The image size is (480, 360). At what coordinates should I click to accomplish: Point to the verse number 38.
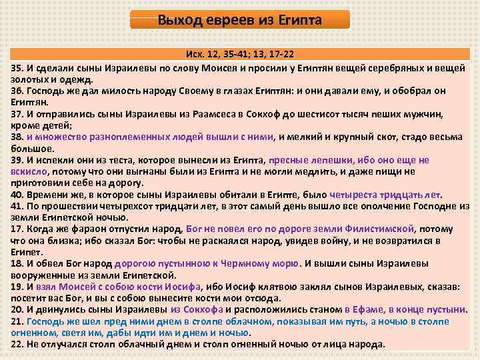17,137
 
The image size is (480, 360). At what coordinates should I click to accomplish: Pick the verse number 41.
17,207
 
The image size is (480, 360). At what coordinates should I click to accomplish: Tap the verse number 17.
17,230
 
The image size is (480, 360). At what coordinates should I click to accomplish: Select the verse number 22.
17,345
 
